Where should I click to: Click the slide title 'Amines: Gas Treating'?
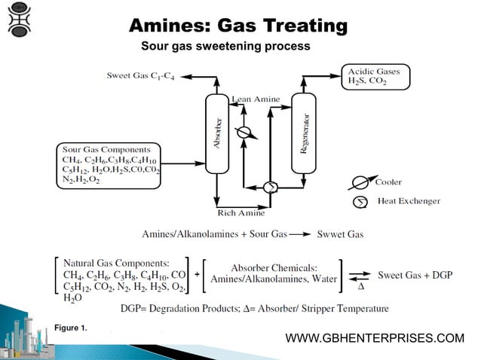click(x=238, y=26)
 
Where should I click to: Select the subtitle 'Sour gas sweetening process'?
click(x=225, y=47)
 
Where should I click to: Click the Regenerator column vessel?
click(x=304, y=134)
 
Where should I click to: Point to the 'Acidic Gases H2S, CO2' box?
click(x=374, y=76)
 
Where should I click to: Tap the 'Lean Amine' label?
click(x=256, y=99)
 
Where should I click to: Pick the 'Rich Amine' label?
click(x=240, y=213)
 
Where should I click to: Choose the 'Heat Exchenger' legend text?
click(x=409, y=201)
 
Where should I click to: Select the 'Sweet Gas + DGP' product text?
click(x=415, y=275)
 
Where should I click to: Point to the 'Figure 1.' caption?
click(x=71, y=328)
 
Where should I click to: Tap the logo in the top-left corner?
click(x=20, y=20)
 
